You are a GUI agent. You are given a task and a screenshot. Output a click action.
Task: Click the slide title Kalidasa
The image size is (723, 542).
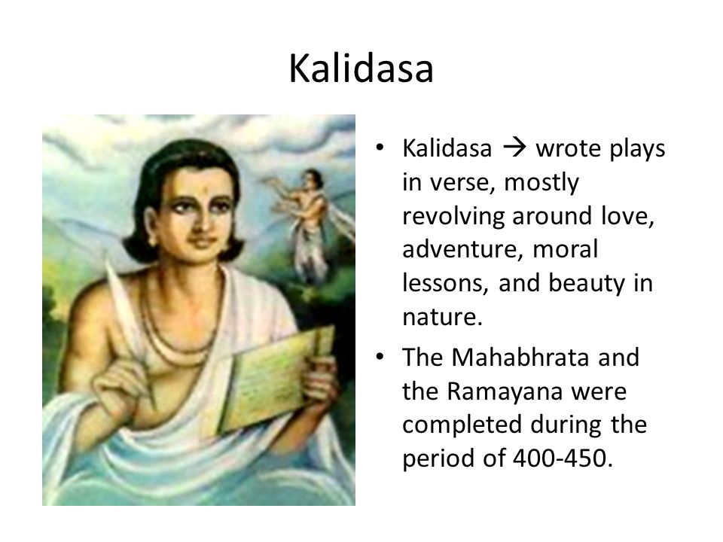[361, 69]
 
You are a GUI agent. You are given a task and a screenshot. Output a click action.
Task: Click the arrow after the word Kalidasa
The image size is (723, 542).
[514, 148]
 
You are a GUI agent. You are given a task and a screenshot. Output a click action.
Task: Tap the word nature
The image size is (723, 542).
[442, 317]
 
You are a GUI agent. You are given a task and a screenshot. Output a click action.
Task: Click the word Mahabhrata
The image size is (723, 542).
[520, 357]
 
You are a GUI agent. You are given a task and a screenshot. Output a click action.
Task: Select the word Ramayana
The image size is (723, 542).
[505, 391]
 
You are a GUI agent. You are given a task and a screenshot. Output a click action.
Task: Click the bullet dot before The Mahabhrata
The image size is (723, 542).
[380, 357]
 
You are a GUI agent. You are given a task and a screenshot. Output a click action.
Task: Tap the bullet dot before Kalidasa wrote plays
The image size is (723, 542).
[380, 148]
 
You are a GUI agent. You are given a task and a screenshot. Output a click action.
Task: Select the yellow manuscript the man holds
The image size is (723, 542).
[276, 379]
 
